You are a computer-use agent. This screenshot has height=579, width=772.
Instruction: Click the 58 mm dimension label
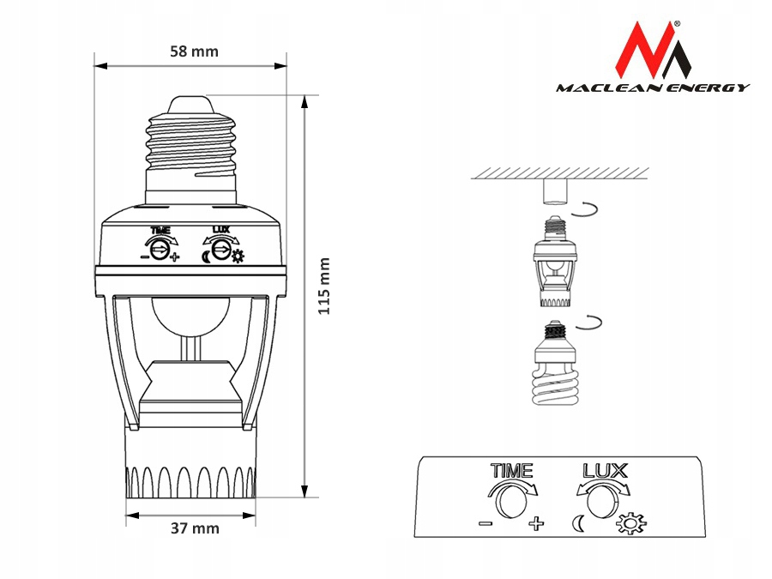[194, 51]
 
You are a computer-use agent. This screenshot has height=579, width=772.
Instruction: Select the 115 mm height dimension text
[323, 286]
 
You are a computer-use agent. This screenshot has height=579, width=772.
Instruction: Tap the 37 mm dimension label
[195, 528]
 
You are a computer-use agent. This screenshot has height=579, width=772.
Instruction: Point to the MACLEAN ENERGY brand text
[653, 87]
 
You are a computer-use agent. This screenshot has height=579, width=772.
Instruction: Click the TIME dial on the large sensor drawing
[159, 250]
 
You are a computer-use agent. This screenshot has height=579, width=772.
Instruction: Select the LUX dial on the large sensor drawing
[221, 250]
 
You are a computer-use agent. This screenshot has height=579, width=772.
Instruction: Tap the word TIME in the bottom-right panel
[511, 471]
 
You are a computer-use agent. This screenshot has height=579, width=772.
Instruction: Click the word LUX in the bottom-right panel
[605, 471]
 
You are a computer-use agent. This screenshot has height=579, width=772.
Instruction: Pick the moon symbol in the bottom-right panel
[578, 523]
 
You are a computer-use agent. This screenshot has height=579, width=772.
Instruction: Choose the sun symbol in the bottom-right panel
[632, 524]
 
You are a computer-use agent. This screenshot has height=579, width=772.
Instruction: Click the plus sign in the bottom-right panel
[536, 523]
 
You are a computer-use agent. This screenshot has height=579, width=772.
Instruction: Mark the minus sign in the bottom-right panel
[486, 522]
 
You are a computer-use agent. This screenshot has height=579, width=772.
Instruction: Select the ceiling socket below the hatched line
[555, 192]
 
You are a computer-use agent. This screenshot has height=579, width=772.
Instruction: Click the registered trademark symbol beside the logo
[677, 23]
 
